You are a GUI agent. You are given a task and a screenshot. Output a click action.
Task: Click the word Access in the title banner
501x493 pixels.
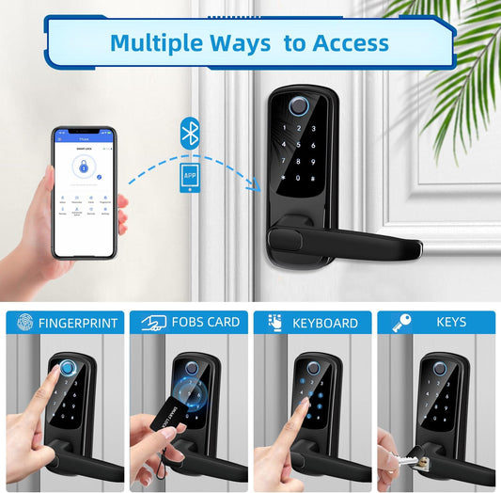pos(341,42)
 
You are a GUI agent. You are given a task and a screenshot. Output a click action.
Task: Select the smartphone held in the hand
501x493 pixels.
pos(85,192)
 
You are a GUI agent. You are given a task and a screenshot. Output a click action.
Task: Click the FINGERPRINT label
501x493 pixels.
pos(77,323)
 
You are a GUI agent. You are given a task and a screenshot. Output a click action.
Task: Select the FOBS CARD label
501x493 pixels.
pos(205,322)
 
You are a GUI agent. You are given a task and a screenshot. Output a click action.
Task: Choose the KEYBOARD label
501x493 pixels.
pos(325,323)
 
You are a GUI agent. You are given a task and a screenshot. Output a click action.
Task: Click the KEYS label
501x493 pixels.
pos(451,322)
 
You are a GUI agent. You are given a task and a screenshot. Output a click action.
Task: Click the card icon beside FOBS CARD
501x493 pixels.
pos(152,323)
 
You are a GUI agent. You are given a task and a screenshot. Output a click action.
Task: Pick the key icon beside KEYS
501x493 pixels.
pos(400,322)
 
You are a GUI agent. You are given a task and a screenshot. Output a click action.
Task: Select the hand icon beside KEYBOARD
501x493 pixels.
pos(274,323)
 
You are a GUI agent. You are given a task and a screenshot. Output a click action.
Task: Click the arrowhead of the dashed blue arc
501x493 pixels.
pos(255,184)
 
